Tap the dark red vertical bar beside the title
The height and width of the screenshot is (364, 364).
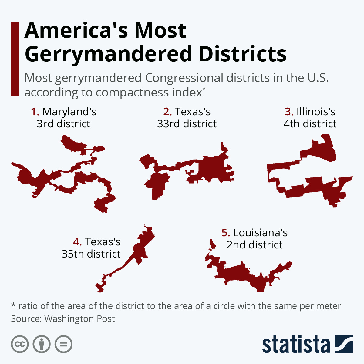(x=15, y=59)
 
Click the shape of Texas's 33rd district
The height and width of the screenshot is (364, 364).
(x=212, y=168)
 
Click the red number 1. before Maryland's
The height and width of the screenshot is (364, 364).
(x=35, y=112)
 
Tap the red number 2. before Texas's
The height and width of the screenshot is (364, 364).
(x=167, y=112)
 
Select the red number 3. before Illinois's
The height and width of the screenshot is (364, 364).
(x=289, y=112)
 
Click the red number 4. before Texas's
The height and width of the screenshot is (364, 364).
(x=77, y=242)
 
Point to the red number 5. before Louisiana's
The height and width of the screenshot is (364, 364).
(x=226, y=233)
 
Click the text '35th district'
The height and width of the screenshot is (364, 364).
(x=91, y=254)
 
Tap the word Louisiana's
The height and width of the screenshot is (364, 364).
(x=260, y=233)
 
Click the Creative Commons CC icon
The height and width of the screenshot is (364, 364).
(x=20, y=344)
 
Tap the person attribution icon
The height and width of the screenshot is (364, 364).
(x=42, y=344)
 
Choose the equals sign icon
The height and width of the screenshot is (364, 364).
(x=64, y=344)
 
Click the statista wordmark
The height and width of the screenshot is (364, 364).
(x=296, y=345)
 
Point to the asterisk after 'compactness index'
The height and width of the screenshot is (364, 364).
(x=204, y=89)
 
